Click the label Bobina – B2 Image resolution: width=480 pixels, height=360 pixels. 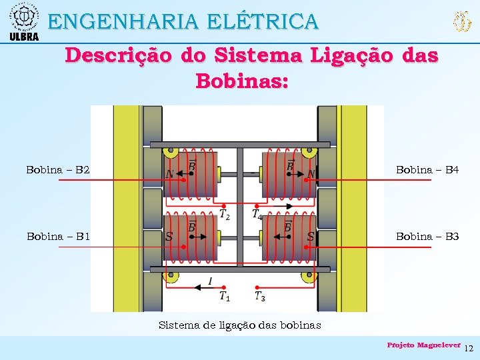click(57, 170)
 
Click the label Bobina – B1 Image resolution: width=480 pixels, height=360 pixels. click(58, 236)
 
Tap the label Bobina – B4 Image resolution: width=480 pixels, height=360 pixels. click(427, 170)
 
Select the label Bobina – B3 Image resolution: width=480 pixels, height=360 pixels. click(427, 236)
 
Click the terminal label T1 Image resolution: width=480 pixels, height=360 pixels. click(225, 296)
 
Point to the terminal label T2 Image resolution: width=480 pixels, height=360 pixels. click(225, 214)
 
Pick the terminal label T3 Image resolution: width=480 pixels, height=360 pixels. click(259, 296)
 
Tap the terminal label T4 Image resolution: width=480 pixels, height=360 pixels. click(257, 214)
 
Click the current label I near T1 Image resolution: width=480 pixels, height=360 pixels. click(211, 281)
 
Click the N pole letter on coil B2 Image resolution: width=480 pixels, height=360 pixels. click(170, 175)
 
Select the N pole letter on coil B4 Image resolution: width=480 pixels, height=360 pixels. click(311, 175)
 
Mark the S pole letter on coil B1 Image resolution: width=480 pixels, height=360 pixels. click(169, 236)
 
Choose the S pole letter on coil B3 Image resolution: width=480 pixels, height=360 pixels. click(311, 236)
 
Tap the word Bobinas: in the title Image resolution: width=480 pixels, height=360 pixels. click(242, 81)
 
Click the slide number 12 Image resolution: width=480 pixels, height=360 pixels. click(469, 349)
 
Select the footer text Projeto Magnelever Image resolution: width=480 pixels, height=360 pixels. click(423, 345)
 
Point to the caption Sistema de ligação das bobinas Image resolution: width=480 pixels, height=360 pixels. click(239, 325)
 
